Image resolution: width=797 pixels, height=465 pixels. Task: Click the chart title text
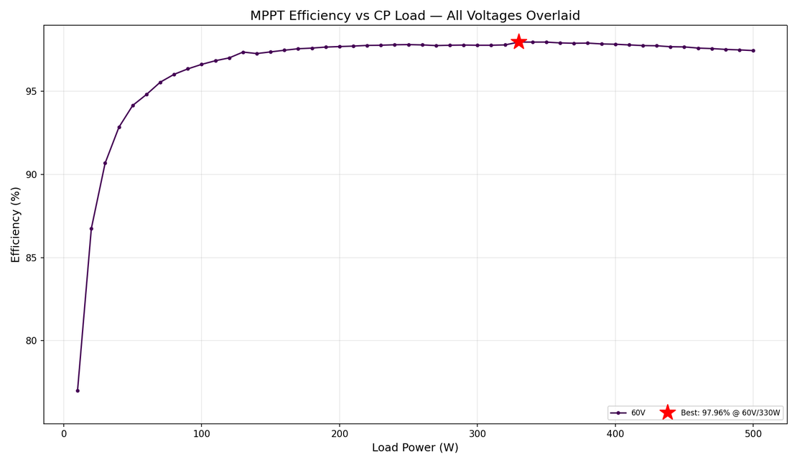414,16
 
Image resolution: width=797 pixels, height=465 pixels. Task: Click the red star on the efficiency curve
518,42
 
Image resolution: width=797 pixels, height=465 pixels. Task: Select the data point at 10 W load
78,390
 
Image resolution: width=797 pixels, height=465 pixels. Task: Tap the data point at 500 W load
753,50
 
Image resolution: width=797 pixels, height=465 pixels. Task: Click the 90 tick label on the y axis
32,175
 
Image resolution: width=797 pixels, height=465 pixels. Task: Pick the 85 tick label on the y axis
32,258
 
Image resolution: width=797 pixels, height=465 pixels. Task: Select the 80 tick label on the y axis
32,342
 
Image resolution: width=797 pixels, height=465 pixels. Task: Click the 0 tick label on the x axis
64,433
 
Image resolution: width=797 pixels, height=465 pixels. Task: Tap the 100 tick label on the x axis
202,433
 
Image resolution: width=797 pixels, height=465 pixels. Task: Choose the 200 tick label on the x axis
340,433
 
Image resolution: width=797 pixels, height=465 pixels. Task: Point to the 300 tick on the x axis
477,433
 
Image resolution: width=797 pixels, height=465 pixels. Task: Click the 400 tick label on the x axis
615,433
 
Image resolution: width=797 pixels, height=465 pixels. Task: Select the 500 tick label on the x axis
753,433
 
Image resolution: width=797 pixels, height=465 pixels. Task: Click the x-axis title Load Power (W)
414,448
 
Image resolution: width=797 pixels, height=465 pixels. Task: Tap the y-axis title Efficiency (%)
16,225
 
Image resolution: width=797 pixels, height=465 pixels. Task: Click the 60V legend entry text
638,413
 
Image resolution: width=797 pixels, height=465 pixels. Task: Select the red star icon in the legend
667,413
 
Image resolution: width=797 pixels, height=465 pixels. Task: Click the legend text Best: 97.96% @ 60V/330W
730,413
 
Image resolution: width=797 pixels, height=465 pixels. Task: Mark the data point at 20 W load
91,228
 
